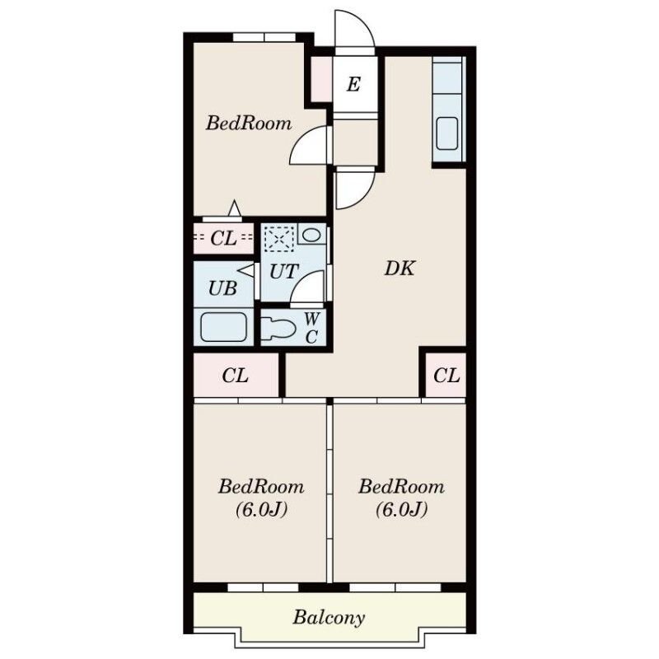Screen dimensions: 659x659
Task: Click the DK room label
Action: click(400, 269)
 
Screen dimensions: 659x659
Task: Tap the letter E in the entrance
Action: click(353, 84)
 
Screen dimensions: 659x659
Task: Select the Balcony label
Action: click(329, 618)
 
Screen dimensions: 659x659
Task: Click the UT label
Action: click(284, 272)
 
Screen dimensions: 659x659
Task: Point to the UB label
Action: click(222, 288)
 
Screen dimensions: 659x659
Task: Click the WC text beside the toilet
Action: click(311, 328)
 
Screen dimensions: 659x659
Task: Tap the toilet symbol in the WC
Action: click(278, 328)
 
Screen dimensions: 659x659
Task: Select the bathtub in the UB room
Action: click(223, 327)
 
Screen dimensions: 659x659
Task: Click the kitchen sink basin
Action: click(446, 133)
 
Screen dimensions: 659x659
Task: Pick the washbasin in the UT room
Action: click(311, 235)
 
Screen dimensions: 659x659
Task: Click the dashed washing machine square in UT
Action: click(279, 239)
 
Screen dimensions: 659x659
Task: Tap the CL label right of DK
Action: click(446, 376)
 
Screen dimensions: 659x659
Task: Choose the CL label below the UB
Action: click(236, 376)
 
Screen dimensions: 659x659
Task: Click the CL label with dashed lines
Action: click(223, 238)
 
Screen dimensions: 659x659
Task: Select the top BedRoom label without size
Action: click(249, 123)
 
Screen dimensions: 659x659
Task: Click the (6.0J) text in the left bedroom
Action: click(261, 510)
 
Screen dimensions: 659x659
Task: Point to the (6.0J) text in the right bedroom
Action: click(401, 510)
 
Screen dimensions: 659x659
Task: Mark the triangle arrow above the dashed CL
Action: click(235, 209)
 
